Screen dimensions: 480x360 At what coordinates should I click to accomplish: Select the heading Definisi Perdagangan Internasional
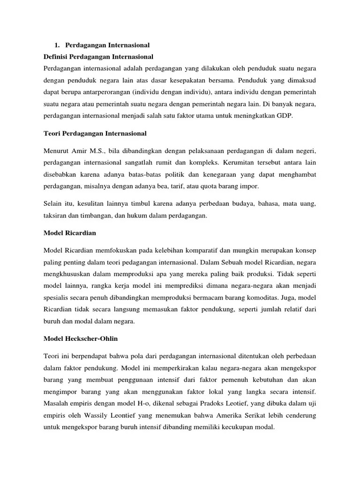pos(97,57)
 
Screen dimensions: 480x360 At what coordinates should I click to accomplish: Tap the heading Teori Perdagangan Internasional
pos(94,134)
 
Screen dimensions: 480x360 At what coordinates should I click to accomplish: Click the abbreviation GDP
pos(285,115)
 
